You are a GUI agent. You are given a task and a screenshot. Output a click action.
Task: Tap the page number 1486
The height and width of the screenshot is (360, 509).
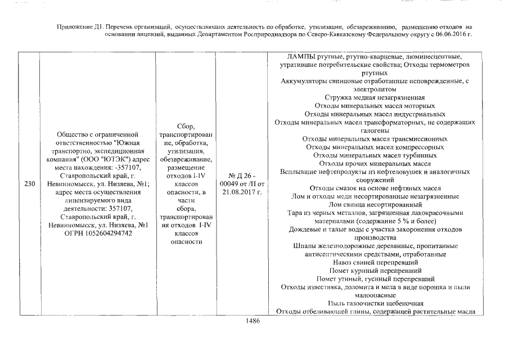254,321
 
